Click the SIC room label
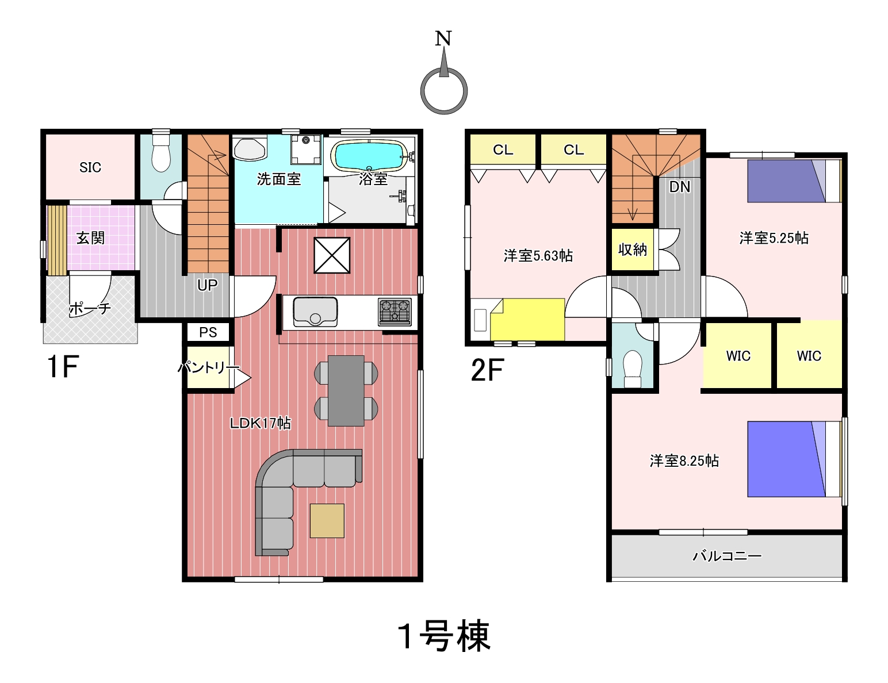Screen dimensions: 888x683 pyautogui.click(x=90, y=167)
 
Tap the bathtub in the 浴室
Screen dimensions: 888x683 pyautogui.click(x=369, y=156)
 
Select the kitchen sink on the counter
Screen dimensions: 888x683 pyautogui.click(x=315, y=312)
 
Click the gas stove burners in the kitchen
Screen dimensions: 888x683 pyautogui.click(x=395, y=312)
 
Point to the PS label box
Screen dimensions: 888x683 pyautogui.click(x=208, y=332)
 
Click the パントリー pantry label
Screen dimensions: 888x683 pyautogui.click(x=208, y=367)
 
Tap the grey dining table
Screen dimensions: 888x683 pyautogui.click(x=346, y=391)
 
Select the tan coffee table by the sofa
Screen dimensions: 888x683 pyautogui.click(x=327, y=520)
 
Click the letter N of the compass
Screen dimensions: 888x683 pyautogui.click(x=443, y=39)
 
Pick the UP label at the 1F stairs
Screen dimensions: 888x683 pyautogui.click(x=207, y=285)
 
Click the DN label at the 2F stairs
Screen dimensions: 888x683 pyautogui.click(x=680, y=187)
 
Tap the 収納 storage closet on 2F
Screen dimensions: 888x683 pyautogui.click(x=632, y=249)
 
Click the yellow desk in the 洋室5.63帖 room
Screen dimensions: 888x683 pyautogui.click(x=527, y=320)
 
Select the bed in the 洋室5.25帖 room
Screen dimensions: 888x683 pyautogui.click(x=794, y=181)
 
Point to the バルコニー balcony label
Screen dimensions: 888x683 pyautogui.click(x=726, y=556)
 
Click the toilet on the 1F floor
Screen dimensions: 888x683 pyautogui.click(x=161, y=153)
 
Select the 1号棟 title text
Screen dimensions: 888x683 pyautogui.click(x=444, y=636)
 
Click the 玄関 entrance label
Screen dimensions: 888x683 pyautogui.click(x=91, y=238)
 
